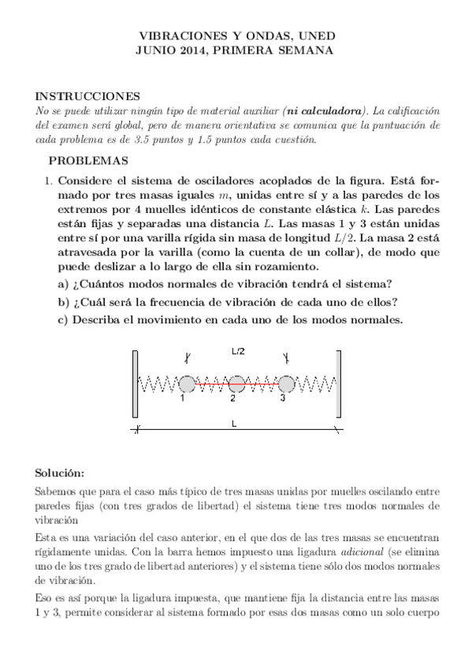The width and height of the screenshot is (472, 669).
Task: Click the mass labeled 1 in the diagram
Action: tap(187, 384)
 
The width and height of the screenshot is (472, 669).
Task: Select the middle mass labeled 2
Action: tap(236, 384)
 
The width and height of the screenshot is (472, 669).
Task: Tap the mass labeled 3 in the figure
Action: tap(286, 384)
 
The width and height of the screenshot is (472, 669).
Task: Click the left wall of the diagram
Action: tap(136, 384)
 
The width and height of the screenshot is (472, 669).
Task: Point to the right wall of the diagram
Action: tap(338, 384)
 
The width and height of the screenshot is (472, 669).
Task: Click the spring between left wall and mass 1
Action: tap(159, 384)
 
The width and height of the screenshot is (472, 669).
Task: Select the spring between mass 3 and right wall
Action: tap(314, 384)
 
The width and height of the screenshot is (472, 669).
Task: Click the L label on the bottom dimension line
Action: tap(234, 424)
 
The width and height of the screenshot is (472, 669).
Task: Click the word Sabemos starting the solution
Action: tap(58, 491)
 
